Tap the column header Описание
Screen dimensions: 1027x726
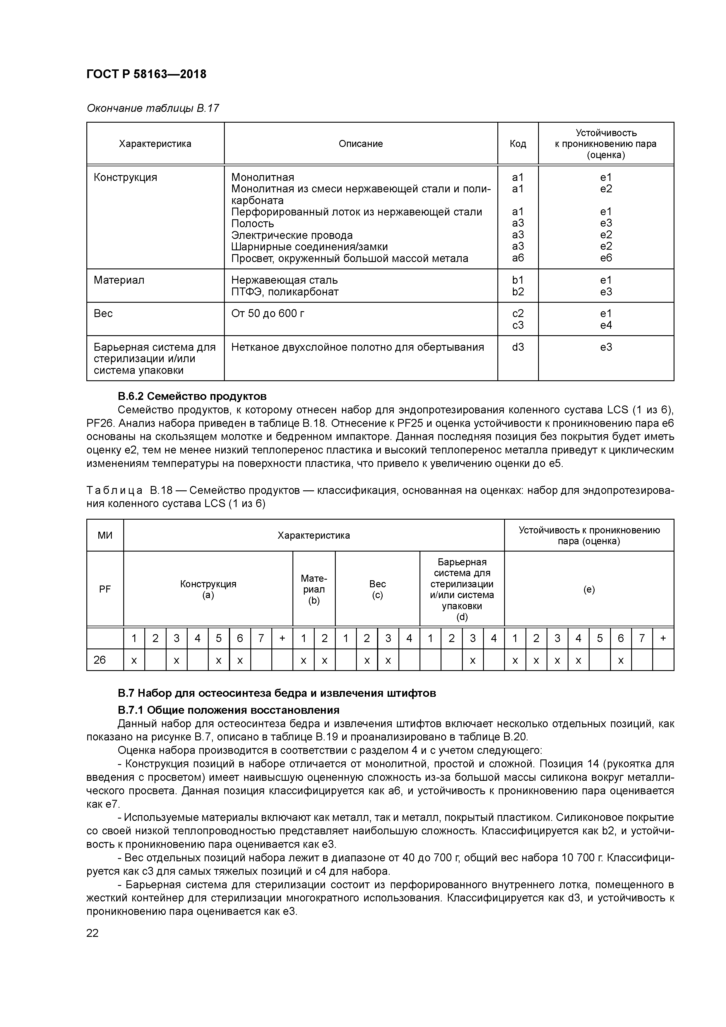pos(361,143)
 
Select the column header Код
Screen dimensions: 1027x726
pos(518,143)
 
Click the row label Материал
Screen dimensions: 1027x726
pos(119,280)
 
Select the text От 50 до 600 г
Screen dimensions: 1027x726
pos(268,313)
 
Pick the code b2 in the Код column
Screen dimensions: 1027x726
pos(518,292)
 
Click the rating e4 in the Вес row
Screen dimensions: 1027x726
pos(606,325)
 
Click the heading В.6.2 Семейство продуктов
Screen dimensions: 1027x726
pos(192,396)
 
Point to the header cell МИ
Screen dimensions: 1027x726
pos(105,535)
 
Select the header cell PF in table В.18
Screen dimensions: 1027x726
pos(105,589)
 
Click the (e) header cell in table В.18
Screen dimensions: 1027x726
pos(589,589)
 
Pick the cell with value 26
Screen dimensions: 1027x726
pos(100,660)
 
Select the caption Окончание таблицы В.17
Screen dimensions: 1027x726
pos(153,108)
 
